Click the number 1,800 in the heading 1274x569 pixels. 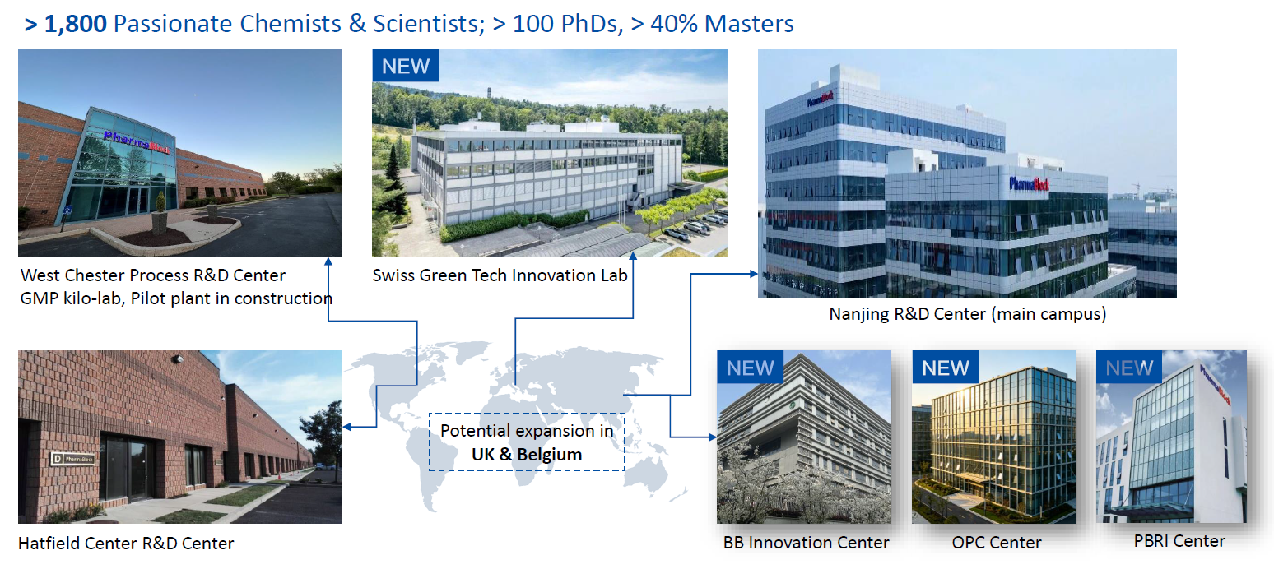click(75, 25)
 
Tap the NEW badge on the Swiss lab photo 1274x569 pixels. click(406, 66)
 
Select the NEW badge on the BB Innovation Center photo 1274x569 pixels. click(751, 368)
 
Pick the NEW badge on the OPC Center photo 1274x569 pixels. click(946, 368)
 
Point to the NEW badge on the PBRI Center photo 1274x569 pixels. click(1129, 368)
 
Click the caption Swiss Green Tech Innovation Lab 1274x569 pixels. click(500, 275)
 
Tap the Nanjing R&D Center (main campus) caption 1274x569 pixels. click(968, 314)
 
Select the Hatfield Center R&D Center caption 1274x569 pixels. click(126, 544)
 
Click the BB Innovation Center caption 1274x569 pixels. click(806, 543)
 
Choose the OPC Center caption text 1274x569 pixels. click(997, 543)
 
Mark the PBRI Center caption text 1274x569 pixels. click(1179, 541)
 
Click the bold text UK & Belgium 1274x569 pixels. click(527, 455)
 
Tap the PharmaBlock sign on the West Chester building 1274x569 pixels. click(137, 142)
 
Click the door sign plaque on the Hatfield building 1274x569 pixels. click(72, 458)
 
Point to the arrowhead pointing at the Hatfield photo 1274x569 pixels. click(347, 427)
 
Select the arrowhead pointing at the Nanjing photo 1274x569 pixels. click(754, 274)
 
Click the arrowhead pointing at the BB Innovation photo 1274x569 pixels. click(713, 437)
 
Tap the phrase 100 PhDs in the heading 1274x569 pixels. click(565, 25)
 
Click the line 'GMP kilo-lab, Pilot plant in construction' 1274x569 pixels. click(176, 299)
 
